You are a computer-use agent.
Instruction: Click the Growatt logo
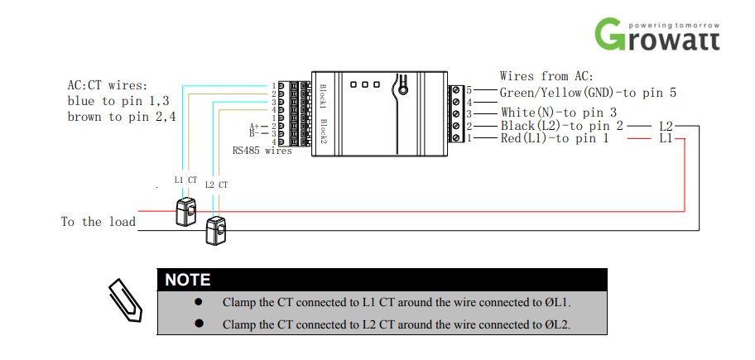click(657, 34)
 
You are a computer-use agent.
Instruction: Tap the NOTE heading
click(187, 280)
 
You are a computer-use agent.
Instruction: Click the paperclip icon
click(125, 300)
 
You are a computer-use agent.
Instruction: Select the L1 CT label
click(185, 180)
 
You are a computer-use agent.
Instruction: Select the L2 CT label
click(216, 185)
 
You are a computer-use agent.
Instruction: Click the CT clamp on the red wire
click(185, 211)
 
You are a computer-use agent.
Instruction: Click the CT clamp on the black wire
click(216, 230)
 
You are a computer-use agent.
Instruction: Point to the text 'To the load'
click(99, 222)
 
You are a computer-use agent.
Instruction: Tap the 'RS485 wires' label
click(262, 151)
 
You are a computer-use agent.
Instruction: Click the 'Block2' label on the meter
click(323, 130)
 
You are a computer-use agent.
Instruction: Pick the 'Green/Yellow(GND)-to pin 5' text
click(588, 92)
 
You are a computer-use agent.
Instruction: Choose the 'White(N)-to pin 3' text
click(559, 113)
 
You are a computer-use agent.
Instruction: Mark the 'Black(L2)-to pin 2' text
click(562, 126)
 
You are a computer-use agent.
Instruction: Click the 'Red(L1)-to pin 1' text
click(554, 138)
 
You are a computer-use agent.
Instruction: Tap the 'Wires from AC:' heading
click(547, 76)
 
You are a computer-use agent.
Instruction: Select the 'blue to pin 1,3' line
click(118, 101)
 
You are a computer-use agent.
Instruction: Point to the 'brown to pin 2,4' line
click(122, 117)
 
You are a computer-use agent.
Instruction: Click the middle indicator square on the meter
click(364, 84)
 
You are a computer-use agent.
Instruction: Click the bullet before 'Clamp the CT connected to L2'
click(199, 324)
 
